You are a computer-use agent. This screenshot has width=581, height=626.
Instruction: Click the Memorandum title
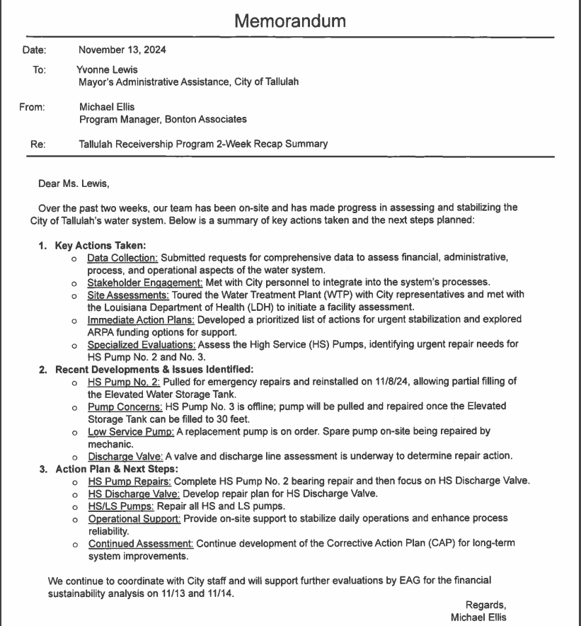point(290,21)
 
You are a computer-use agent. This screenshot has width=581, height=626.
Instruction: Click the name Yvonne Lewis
point(108,70)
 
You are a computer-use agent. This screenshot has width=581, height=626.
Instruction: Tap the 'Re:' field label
point(38,144)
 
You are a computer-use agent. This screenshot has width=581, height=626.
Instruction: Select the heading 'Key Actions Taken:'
point(100,246)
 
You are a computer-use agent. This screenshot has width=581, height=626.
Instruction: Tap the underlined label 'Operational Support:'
point(134,518)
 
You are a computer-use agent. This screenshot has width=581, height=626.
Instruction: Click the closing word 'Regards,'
point(485,605)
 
